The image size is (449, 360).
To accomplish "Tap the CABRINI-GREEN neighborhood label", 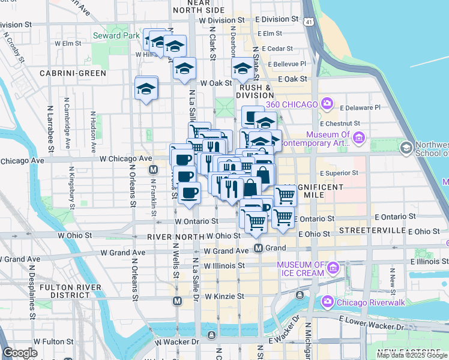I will (x=73, y=73).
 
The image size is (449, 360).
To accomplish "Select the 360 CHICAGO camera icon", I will (x=327, y=104).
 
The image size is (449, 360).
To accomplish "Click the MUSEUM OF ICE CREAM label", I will (x=301, y=269).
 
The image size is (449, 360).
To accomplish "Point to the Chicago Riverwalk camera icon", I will (x=328, y=301).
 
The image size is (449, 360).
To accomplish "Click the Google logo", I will (x=20, y=352).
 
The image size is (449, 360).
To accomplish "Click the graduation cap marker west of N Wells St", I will (x=146, y=88).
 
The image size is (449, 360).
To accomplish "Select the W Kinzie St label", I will (x=224, y=296).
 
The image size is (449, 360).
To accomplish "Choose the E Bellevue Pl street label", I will (x=288, y=64).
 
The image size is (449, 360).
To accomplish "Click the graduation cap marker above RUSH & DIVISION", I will (x=243, y=69).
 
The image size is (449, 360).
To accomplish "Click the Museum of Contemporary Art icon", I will (x=359, y=139).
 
